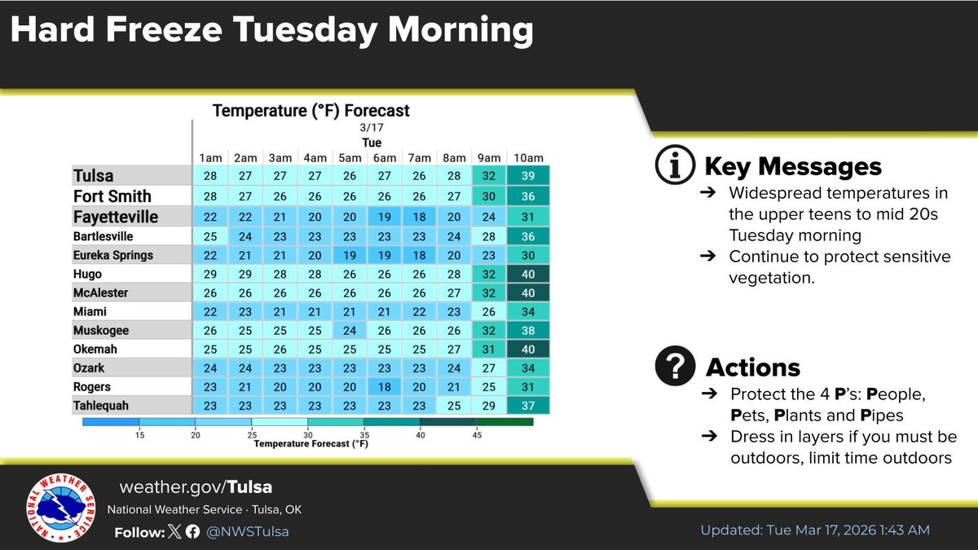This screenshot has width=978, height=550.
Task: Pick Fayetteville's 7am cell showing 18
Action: [419, 216]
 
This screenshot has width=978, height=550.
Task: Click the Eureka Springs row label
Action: [112, 255]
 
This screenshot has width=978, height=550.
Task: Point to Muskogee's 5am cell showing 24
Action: [348, 331]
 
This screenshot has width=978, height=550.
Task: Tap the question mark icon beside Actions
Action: [676, 367]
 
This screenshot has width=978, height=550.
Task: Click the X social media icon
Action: [174, 531]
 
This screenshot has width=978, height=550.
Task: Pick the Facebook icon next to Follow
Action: [192, 531]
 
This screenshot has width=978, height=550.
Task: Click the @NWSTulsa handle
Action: [248, 531]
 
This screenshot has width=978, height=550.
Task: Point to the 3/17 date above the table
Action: [371, 129]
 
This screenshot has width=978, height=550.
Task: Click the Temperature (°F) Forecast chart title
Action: [311, 110]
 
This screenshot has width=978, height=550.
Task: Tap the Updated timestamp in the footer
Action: [814, 530]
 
